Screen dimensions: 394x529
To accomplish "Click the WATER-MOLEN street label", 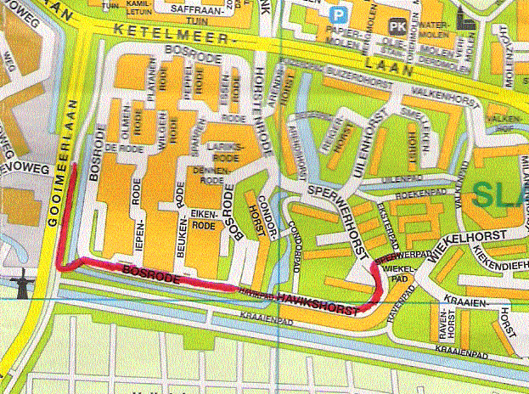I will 434,31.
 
